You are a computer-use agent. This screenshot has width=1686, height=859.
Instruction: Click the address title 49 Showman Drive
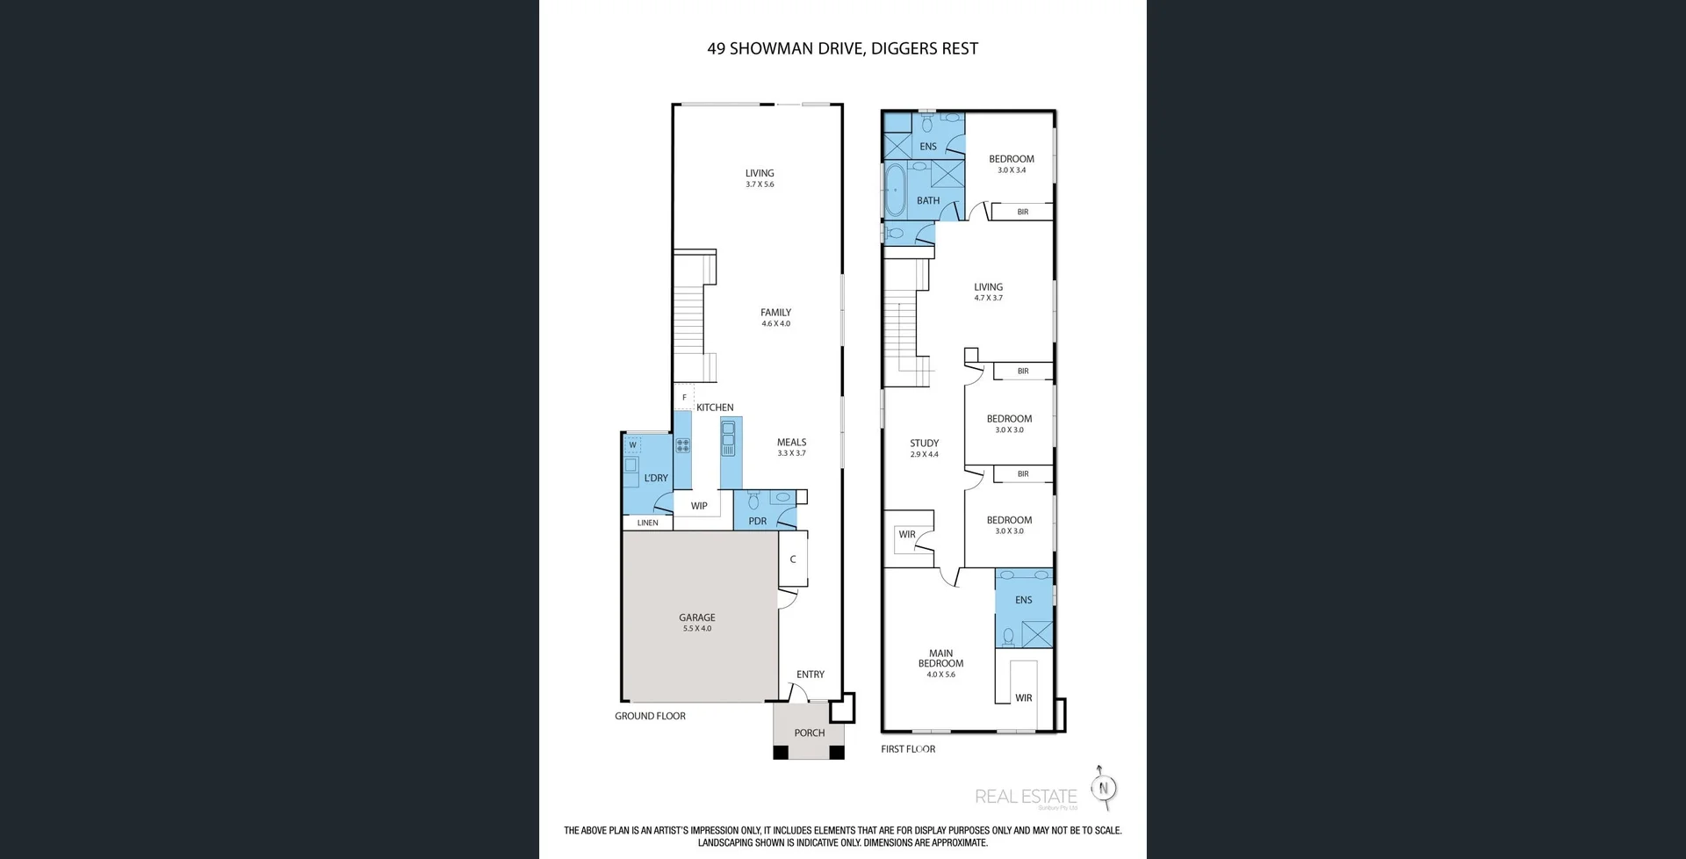(842, 49)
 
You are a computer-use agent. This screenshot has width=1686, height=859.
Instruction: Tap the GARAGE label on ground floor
(696, 617)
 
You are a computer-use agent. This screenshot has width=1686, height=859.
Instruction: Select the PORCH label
(809, 733)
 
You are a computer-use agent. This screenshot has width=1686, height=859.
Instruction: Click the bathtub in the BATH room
(895, 189)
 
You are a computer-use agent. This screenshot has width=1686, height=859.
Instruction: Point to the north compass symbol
(1104, 788)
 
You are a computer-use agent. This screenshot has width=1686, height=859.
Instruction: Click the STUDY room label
(924, 444)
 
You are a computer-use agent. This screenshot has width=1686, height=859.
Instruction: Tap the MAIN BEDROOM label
(940, 658)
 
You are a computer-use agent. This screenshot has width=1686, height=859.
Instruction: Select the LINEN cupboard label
(647, 523)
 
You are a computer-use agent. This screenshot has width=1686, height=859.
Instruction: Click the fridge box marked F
(684, 398)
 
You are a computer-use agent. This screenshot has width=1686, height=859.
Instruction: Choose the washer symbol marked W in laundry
(632, 445)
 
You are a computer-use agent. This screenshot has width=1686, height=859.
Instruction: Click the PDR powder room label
(757, 521)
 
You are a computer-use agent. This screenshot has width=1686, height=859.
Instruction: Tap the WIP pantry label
(699, 506)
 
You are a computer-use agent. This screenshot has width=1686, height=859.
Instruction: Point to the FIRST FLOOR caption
(908, 749)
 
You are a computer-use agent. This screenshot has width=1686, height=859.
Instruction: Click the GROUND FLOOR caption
(650, 716)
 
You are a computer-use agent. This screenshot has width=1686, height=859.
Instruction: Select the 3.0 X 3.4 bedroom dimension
(1011, 170)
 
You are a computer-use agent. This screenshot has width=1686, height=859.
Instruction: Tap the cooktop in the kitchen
(682, 445)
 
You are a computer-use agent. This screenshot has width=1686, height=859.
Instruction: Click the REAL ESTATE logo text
(1025, 797)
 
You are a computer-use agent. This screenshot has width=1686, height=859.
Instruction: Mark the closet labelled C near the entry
(792, 559)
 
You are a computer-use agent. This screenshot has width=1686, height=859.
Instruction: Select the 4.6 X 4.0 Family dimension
(775, 324)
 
